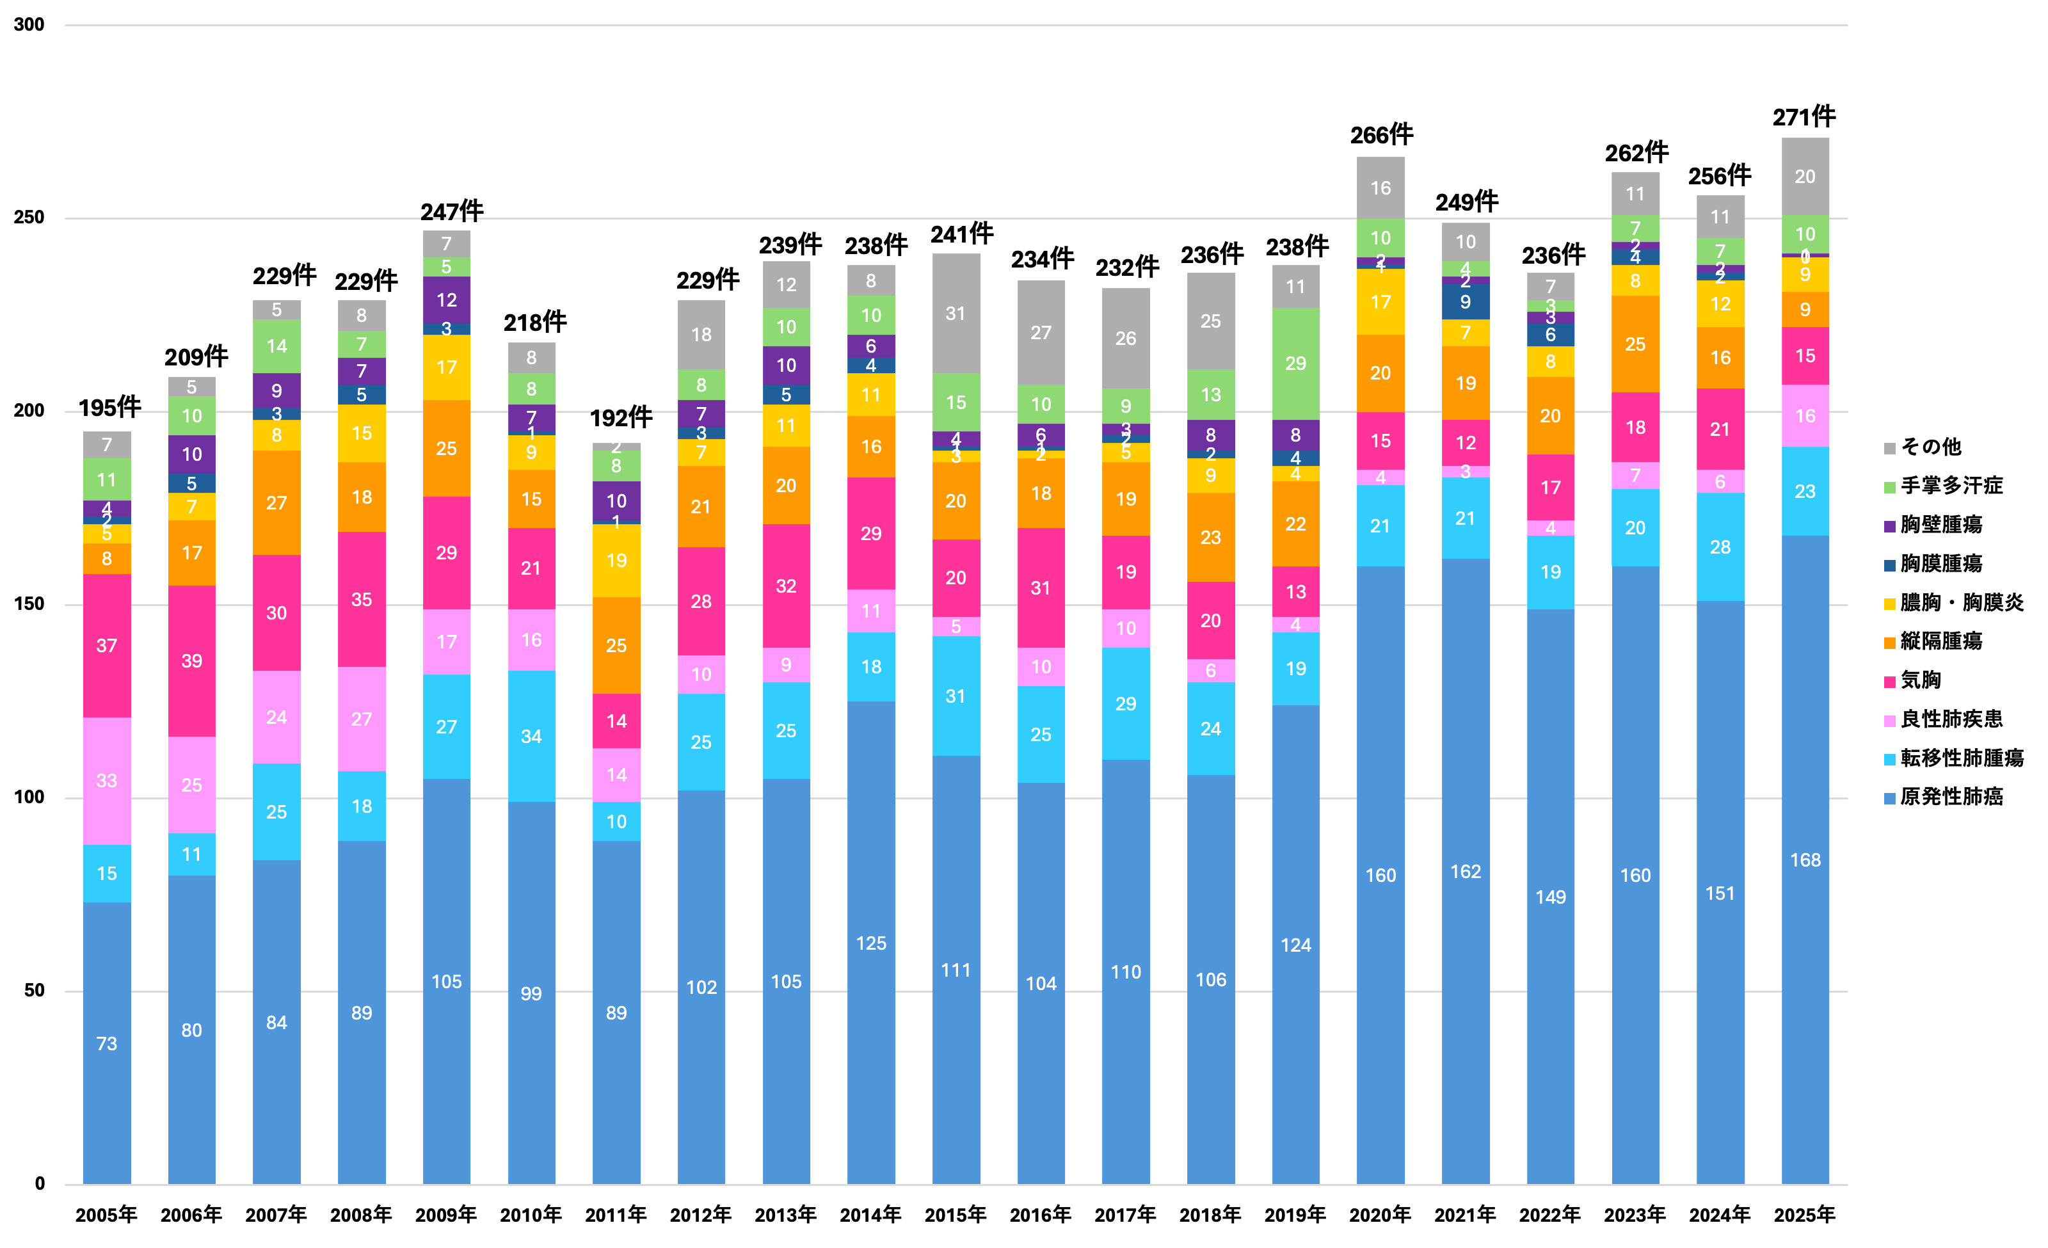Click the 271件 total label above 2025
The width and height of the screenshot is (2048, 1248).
pyautogui.click(x=1804, y=117)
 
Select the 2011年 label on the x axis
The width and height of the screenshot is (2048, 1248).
pyautogui.click(x=616, y=1215)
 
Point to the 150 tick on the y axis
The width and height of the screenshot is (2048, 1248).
pyautogui.click(x=28, y=604)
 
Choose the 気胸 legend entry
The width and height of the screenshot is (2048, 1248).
pyautogui.click(x=1919, y=680)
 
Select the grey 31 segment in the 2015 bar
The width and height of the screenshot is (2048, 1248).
pyautogui.click(x=956, y=313)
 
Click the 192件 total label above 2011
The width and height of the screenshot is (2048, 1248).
pyautogui.click(x=621, y=417)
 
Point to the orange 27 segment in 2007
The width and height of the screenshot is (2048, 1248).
pyautogui.click(x=276, y=502)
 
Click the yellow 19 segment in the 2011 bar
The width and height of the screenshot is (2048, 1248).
pyautogui.click(x=616, y=561)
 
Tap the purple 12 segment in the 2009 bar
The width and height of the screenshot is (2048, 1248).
pyautogui.click(x=446, y=300)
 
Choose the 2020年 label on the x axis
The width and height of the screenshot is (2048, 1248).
pyautogui.click(x=1380, y=1215)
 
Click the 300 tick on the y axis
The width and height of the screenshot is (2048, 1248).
pyautogui.click(x=28, y=25)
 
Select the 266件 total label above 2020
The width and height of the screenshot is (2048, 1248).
pyautogui.click(x=1381, y=134)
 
